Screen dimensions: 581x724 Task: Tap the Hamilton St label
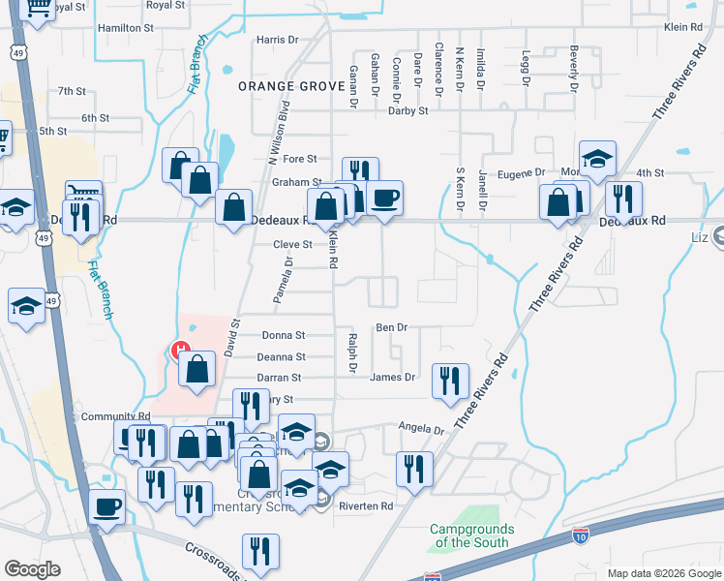point(126,28)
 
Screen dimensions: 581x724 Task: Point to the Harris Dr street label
point(278,40)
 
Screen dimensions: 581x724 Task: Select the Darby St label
point(407,111)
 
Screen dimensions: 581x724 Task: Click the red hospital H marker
point(180,351)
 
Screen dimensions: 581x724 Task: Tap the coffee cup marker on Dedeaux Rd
point(384,198)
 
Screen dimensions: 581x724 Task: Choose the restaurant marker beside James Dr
point(450,381)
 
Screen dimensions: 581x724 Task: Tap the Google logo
point(32,568)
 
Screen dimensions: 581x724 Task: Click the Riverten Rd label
point(365,506)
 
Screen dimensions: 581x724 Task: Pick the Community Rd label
point(115,416)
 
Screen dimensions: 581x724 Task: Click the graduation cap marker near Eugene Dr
point(597,158)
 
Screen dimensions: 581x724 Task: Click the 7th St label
point(72,91)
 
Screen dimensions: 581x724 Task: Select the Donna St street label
point(284,335)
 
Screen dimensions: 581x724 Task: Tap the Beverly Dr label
point(573,68)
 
